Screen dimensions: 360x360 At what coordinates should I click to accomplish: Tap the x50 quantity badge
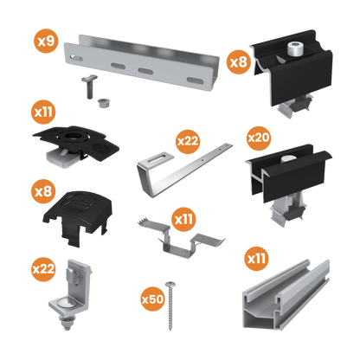pos(152,299)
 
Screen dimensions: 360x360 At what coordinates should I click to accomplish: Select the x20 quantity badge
pos(259,138)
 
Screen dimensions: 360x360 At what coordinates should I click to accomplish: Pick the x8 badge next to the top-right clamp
pos(237,62)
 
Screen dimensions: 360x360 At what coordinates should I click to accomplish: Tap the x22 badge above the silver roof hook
pos(188,139)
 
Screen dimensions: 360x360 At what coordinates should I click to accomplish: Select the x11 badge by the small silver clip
pos(184,220)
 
